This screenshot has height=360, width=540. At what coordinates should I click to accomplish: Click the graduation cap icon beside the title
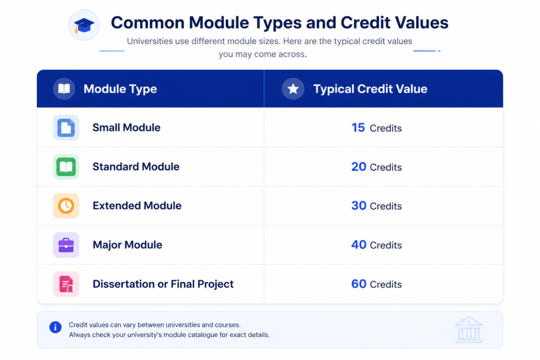pos(84,25)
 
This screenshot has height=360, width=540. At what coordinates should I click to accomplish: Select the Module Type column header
pos(120,89)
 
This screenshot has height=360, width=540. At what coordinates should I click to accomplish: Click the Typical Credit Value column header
pos(370,89)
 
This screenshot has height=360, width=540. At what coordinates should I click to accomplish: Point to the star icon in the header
pos(293,89)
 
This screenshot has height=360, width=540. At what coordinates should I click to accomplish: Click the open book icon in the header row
pos(64,89)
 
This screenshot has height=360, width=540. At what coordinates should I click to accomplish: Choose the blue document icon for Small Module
pos(66,128)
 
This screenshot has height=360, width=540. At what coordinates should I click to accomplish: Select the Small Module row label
pos(127,128)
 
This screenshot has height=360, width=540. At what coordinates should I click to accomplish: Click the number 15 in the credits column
pos(358,128)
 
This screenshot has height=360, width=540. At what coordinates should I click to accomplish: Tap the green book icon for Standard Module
pos(66,167)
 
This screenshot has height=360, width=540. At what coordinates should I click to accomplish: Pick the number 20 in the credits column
pos(359,167)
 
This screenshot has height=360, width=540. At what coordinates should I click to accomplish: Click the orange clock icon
pos(66,206)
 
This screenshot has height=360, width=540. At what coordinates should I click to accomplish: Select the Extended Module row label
pos(137,206)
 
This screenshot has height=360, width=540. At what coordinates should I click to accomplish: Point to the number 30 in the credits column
pos(359,206)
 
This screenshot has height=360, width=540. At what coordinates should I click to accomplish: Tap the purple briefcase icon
pos(66,245)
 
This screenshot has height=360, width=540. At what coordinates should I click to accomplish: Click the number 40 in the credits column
pos(359,245)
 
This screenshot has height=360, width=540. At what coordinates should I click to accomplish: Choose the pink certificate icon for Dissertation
pos(66,284)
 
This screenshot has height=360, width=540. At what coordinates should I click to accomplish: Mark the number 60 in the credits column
pos(359,284)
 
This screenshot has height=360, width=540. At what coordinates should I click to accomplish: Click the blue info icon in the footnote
pos(55,327)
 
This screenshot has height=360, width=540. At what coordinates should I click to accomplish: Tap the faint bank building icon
pos(469,330)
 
